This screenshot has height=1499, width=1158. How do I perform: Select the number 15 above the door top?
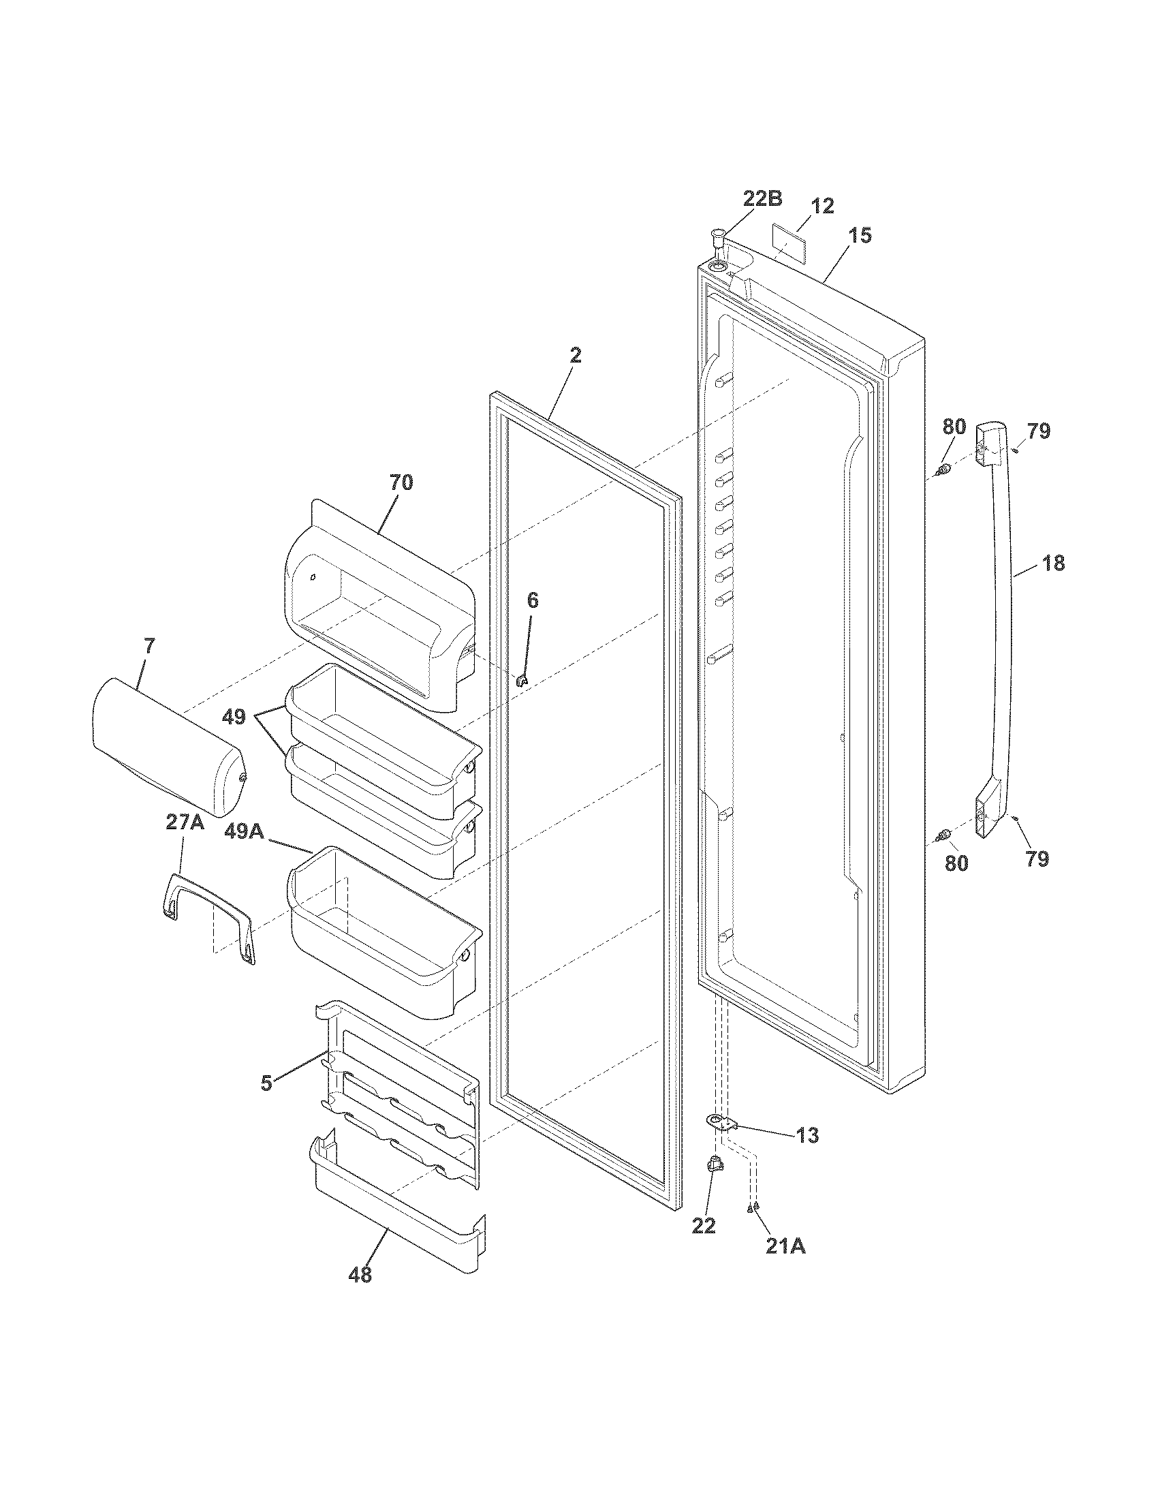coord(859,236)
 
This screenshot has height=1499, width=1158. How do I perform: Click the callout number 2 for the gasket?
coord(575,356)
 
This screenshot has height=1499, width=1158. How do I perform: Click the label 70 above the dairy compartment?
coord(401,482)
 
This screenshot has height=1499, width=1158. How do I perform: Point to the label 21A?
coord(785,1245)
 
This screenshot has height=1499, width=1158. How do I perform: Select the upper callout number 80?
coord(954,427)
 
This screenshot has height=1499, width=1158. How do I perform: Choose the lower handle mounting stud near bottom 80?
coord(946,834)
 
